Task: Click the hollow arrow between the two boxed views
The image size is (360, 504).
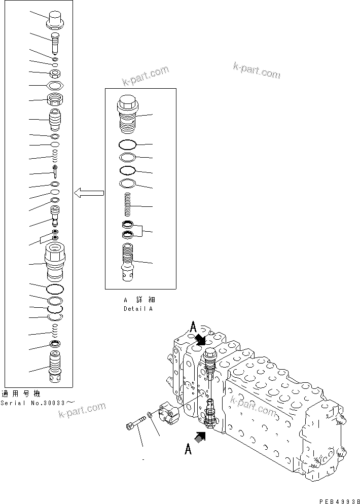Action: coord(89,193)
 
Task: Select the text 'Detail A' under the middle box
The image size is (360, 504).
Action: coord(137,308)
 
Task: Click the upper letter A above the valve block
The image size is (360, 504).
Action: coord(193,327)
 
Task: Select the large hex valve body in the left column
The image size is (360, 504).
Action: coord(55,261)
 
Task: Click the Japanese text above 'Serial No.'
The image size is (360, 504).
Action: coord(20,394)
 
